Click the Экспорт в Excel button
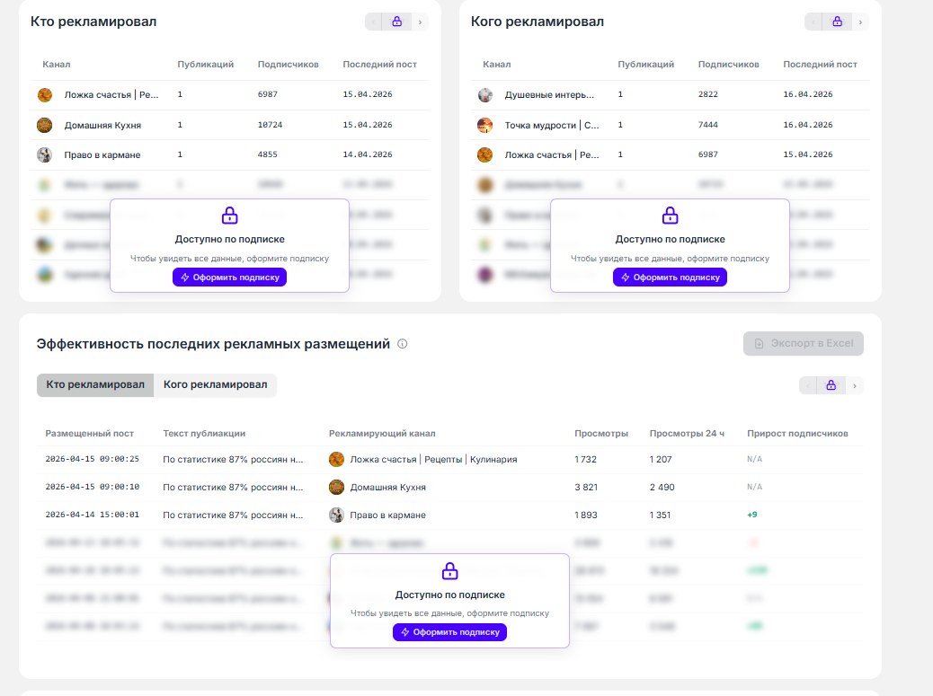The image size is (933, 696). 804,344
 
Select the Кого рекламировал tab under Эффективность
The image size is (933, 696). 215,385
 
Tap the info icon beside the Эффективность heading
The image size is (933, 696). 403,344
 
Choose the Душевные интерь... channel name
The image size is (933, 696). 549,94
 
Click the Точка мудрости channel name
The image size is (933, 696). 552,125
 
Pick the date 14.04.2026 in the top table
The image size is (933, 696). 368,154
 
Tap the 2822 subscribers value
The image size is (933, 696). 707,94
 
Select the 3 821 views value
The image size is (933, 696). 586,487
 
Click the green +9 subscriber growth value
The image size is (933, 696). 752,515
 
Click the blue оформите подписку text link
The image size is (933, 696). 507,613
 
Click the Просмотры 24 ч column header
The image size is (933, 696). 687,434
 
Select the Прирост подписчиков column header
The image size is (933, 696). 797,434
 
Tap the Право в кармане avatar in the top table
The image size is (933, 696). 45,154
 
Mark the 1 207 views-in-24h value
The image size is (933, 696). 661,459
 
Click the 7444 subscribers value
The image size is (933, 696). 707,125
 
